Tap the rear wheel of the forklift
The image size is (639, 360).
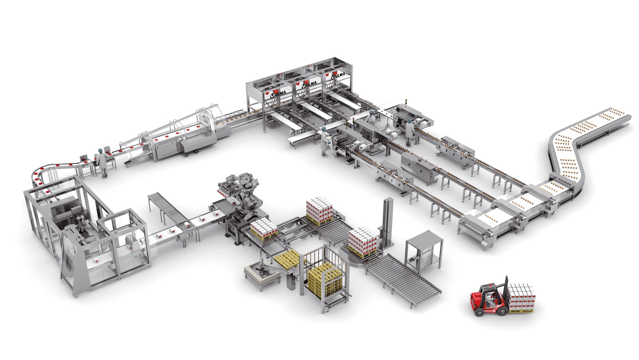pos(479,311)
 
